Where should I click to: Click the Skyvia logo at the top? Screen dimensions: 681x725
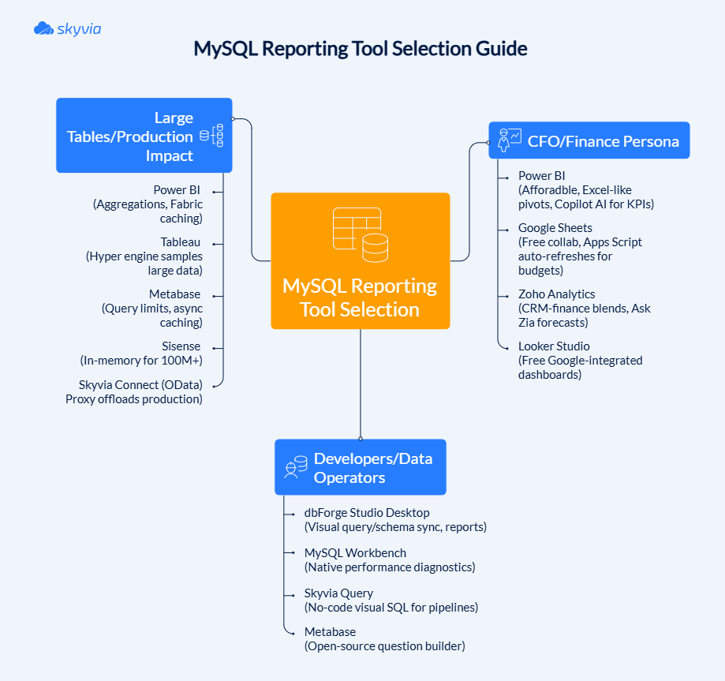[x=67, y=29]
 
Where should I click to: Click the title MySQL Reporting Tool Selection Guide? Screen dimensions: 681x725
[x=361, y=49]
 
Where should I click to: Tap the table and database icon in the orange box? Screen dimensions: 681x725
[x=360, y=234]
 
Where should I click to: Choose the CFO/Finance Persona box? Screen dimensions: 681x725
[x=589, y=141]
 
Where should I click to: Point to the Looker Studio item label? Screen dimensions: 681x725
[x=554, y=346]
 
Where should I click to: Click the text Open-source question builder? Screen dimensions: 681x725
[x=385, y=646]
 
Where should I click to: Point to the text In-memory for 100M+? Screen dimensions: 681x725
[x=141, y=361]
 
